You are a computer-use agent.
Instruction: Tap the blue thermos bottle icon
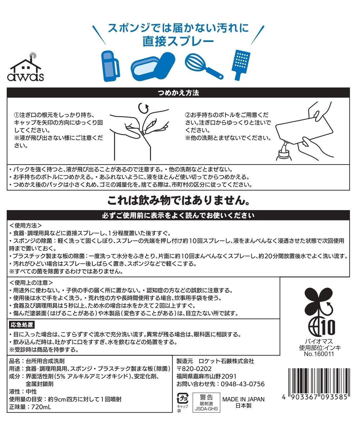(x=110, y=66)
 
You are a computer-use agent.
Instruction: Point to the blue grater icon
(x=240, y=65)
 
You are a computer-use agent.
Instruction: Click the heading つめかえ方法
(x=178, y=93)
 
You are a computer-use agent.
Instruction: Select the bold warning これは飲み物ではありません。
(x=179, y=201)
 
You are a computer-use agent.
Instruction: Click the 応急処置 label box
(x=21, y=325)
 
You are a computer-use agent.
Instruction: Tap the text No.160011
(x=319, y=354)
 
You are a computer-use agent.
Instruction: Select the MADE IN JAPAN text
(x=243, y=399)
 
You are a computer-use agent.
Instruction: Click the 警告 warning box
(x=206, y=402)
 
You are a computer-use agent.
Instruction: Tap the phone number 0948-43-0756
(x=241, y=384)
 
